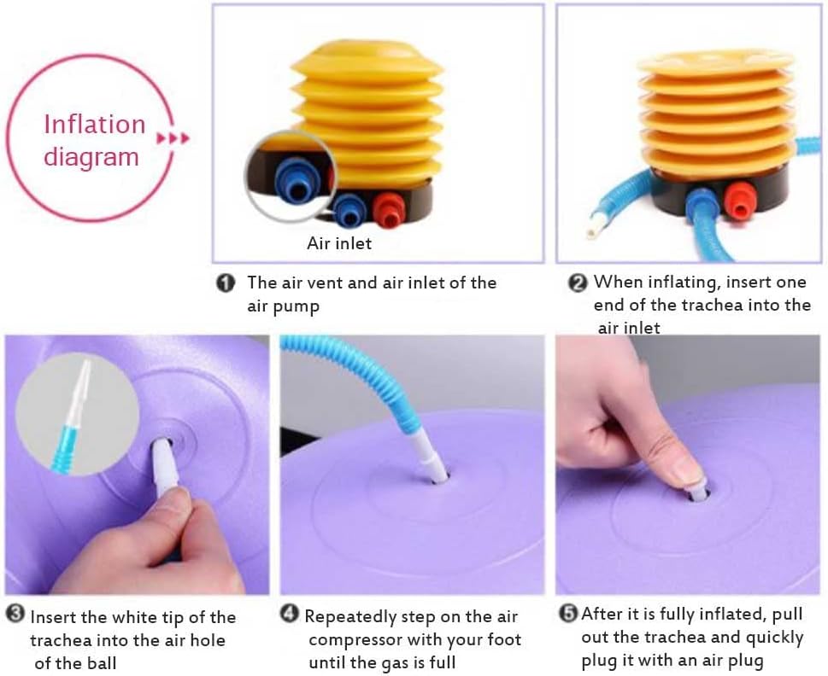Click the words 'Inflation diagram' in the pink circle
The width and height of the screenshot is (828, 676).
click(x=94, y=140)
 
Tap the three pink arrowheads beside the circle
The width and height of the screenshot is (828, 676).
click(x=173, y=138)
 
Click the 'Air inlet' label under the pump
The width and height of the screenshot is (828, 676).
click(x=339, y=243)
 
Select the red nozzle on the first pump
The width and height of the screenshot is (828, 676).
click(x=389, y=209)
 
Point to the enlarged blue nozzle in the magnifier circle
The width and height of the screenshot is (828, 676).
click(x=295, y=178)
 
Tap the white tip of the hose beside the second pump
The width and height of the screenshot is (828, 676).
click(x=592, y=230)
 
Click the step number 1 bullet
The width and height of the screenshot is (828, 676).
click(x=226, y=283)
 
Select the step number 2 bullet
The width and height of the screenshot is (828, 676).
click(x=577, y=283)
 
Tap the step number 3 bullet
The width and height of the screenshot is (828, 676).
click(x=16, y=613)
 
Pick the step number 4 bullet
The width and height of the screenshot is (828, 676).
click(x=290, y=613)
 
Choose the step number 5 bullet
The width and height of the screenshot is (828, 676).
click(x=568, y=613)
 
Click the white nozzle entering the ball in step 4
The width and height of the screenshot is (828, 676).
click(x=429, y=453)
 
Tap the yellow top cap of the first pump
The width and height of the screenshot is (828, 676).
click(x=367, y=60)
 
